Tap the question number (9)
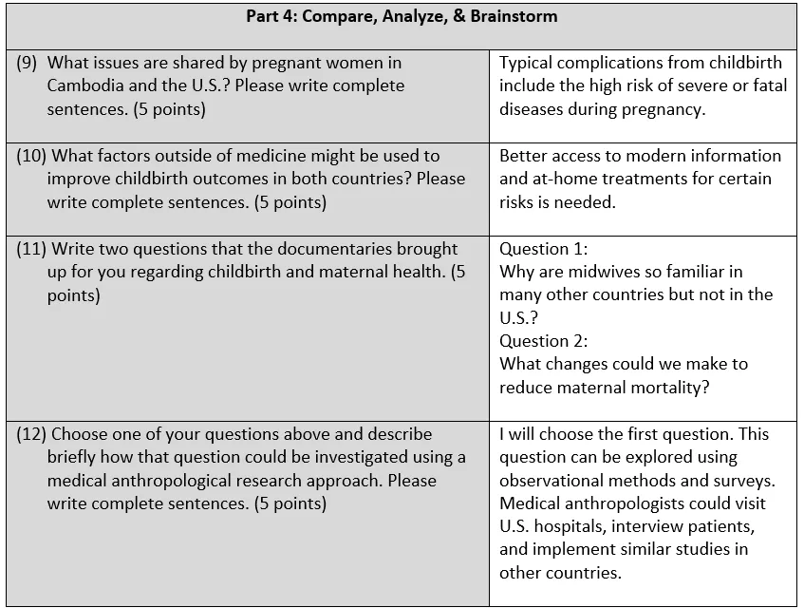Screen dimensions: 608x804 28,63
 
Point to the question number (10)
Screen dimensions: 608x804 32,156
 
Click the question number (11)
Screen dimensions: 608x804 32,249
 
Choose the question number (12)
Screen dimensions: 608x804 32,434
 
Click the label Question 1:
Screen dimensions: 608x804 544,249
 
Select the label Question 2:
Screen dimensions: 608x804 544,341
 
